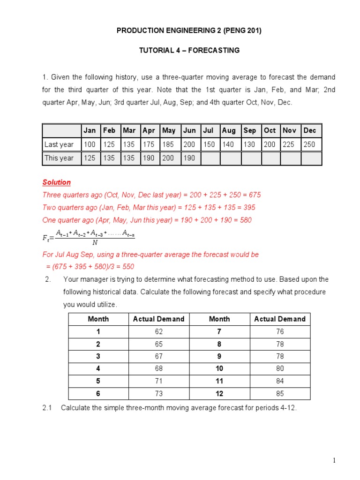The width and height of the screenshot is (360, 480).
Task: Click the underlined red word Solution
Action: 57,182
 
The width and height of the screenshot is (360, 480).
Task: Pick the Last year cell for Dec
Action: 309,144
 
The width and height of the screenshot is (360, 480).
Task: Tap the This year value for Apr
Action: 149,158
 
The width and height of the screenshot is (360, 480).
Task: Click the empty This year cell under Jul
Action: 210,158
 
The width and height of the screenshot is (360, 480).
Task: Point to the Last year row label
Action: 59,144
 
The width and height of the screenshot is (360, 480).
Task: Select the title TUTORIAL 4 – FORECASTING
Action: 189,50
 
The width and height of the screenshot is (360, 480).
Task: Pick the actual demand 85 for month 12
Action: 279,393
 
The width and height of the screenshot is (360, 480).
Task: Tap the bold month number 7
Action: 219,331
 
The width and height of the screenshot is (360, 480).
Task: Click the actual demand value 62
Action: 158,331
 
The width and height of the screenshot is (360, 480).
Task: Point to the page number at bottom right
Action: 334,460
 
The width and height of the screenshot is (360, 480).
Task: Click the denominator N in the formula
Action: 95,242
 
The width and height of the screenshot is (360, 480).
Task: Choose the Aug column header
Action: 229,131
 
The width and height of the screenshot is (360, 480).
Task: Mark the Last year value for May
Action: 169,144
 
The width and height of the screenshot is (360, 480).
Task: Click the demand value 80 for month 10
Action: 279,368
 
